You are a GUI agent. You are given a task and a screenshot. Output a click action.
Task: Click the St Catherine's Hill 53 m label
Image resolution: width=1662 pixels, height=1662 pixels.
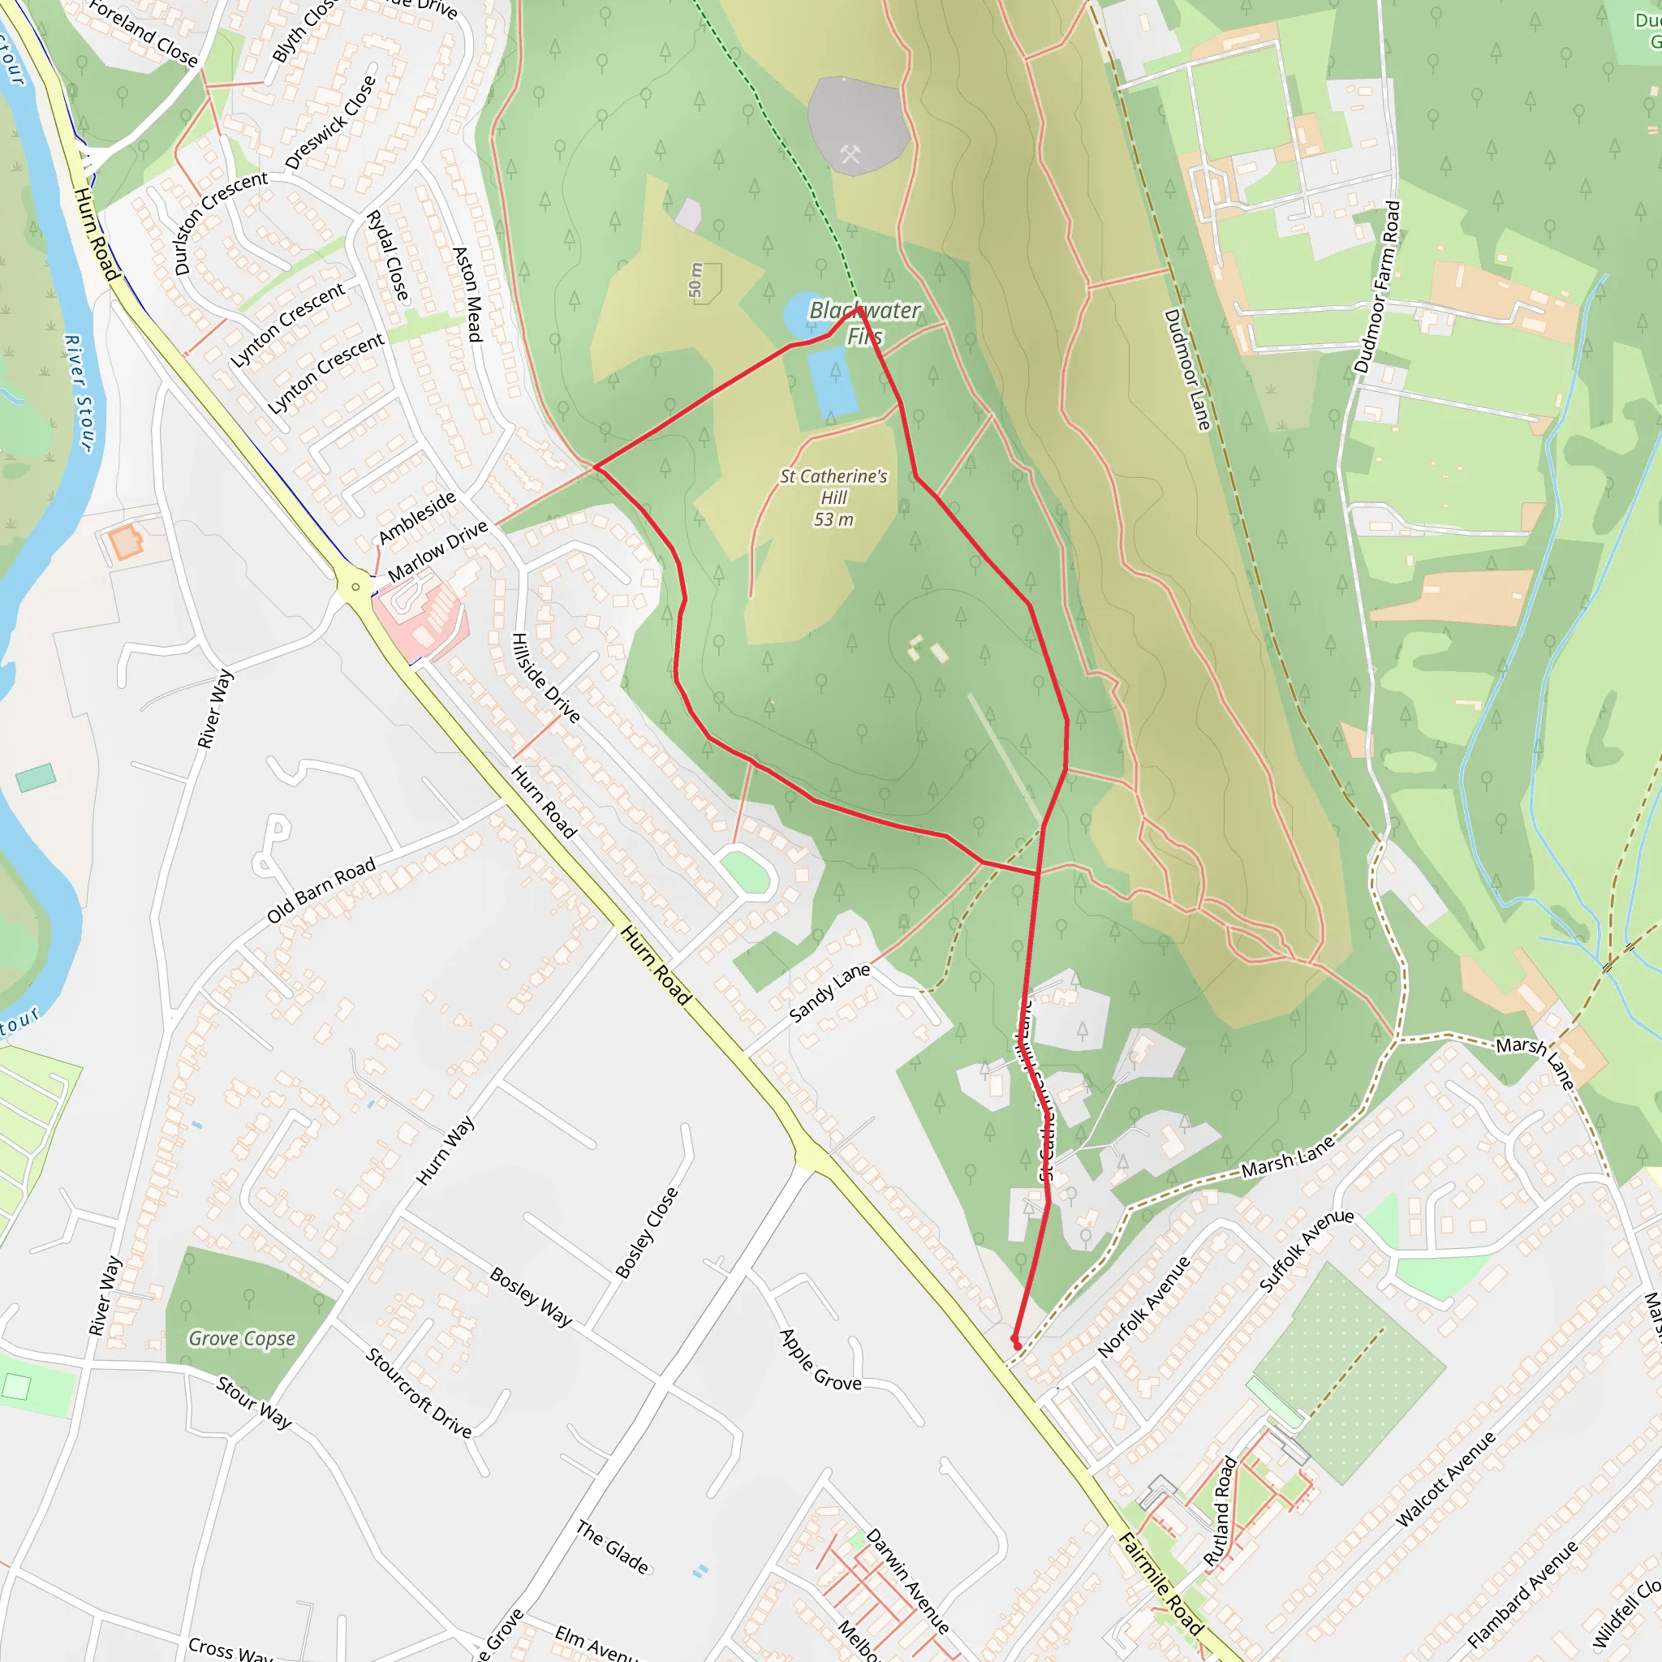(833, 497)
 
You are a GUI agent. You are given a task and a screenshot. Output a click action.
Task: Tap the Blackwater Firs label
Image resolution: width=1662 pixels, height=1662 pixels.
(864, 323)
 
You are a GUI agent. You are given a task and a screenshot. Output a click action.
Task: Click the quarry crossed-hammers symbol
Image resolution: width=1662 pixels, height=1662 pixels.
(850, 154)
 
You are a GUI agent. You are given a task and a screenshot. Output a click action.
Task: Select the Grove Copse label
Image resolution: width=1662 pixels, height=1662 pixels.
(242, 1338)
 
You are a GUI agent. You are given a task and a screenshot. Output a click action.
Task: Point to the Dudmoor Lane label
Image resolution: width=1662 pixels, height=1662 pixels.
(1187, 369)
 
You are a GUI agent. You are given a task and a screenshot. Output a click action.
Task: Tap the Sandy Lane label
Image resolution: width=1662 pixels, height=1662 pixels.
(829, 992)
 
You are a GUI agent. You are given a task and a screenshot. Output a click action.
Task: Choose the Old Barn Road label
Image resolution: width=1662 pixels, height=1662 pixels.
(321, 889)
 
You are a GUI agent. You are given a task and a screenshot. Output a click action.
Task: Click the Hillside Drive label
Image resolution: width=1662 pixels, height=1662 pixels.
(545, 678)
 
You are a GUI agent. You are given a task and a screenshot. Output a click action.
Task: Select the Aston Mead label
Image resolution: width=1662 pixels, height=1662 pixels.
(467, 295)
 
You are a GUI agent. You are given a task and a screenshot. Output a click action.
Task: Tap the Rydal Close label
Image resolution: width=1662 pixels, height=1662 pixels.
(388, 256)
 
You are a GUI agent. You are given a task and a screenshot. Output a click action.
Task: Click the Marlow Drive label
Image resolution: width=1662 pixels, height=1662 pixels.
(438, 550)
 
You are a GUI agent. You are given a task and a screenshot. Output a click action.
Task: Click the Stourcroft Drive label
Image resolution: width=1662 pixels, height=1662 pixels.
(419, 1393)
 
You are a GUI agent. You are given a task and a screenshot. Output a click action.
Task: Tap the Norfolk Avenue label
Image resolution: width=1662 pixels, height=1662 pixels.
(1144, 1307)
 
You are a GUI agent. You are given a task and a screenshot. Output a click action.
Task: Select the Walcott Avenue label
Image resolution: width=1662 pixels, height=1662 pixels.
(1445, 1479)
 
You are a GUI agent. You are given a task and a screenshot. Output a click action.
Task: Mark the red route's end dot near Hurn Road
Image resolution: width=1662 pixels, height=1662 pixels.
(1017, 1346)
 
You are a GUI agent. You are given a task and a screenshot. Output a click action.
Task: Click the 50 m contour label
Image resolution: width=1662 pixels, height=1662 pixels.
(695, 281)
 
